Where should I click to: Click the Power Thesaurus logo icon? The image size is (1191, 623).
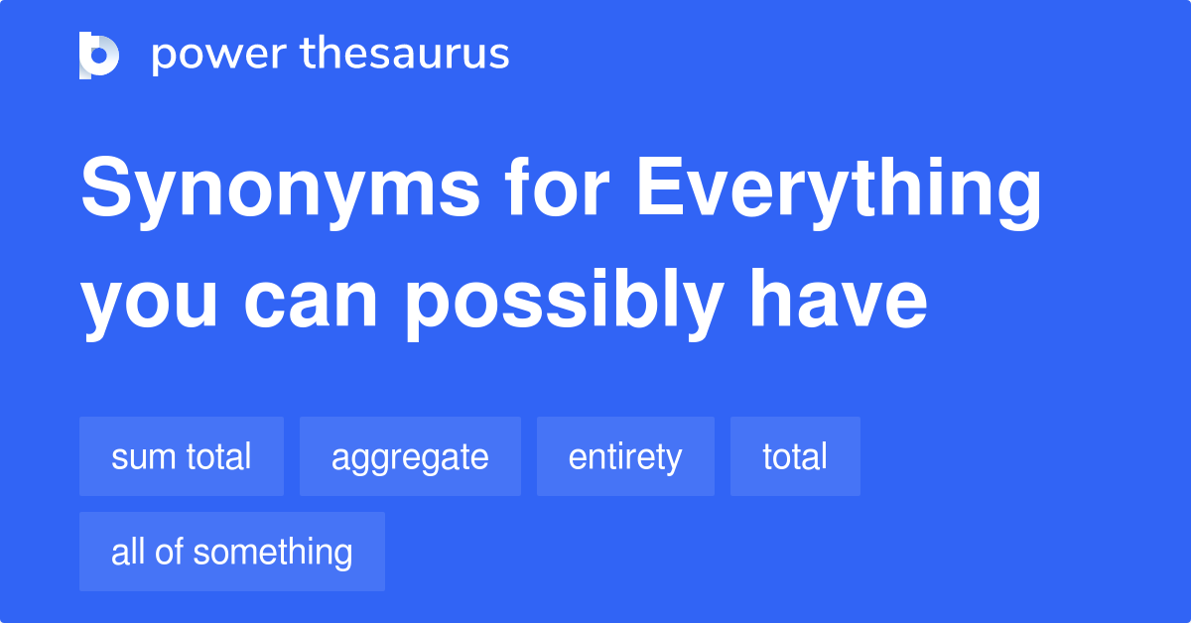tap(99, 55)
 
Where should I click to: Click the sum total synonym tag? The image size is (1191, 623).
tap(182, 457)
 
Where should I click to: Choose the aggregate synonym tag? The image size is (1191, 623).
tap(410, 457)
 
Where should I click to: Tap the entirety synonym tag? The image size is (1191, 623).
tap(625, 457)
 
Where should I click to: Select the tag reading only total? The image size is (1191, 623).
tap(795, 457)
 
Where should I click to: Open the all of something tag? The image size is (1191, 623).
tap(232, 552)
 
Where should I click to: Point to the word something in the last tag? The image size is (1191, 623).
tap(273, 553)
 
